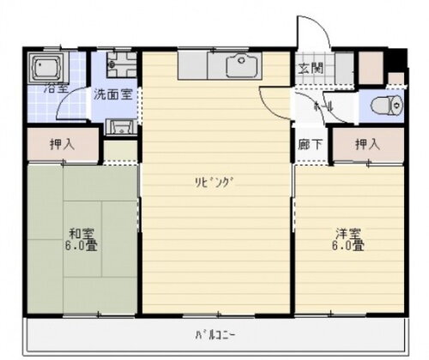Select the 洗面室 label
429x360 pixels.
coord(112,94)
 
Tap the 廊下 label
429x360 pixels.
coord(311,144)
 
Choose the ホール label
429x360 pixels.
coord(323,106)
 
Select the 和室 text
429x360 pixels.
coord(82,232)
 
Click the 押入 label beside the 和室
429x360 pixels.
coord(61,144)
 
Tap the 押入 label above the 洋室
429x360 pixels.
coord(368,144)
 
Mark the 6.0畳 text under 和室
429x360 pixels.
coord(82,247)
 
